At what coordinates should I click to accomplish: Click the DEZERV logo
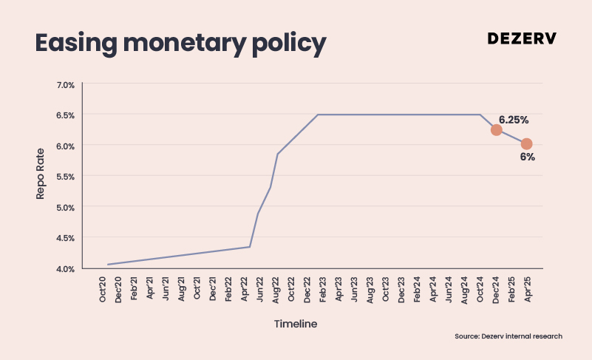[522, 38]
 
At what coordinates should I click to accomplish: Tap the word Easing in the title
[76, 44]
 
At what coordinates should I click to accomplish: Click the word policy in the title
[289, 44]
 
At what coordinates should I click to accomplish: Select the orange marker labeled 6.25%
[496, 130]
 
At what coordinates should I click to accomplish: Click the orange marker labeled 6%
[527, 144]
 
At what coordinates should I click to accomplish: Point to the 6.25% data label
[514, 120]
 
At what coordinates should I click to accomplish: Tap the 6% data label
[528, 157]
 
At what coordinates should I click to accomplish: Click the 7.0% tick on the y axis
[65, 85]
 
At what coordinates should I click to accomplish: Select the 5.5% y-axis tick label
[65, 177]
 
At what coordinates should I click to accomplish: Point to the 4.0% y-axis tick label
[65, 269]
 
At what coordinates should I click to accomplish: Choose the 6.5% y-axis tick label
[65, 115]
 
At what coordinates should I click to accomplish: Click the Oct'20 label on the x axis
[102, 289]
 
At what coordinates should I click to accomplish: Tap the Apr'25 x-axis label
[528, 289]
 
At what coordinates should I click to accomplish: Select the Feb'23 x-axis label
[323, 289]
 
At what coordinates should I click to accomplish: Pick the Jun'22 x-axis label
[259, 289]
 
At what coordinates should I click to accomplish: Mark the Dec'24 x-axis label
[496, 290]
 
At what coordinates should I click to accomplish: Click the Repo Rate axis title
[40, 174]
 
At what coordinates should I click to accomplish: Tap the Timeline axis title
[296, 324]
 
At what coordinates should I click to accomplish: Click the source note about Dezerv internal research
[508, 336]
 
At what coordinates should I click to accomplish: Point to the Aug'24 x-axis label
[464, 290]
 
